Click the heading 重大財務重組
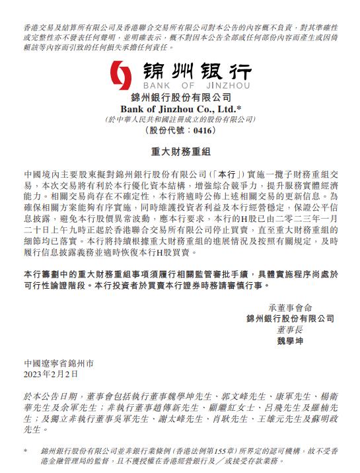coord(180,152)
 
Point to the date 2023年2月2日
coord(50,374)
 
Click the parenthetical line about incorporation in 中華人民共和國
coord(180,120)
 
